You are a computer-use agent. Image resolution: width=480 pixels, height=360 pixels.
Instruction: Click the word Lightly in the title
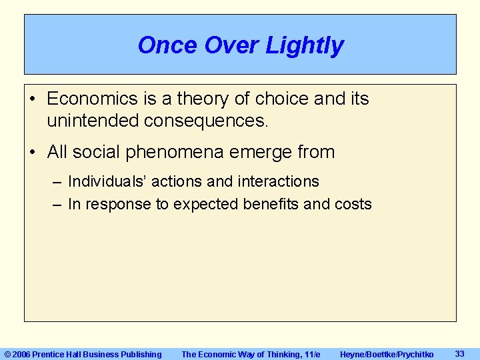tap(305, 45)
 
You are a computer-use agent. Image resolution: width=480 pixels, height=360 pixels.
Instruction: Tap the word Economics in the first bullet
tap(93, 99)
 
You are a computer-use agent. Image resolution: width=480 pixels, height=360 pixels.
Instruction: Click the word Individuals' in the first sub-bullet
tap(108, 181)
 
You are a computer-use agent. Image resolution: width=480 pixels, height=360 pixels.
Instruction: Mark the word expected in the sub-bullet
tap(204, 204)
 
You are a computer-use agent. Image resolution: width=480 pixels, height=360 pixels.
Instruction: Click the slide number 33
tap(459, 353)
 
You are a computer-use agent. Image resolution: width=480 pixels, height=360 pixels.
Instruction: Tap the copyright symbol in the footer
tap(8, 354)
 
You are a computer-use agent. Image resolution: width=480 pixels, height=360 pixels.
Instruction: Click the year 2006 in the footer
tap(22, 354)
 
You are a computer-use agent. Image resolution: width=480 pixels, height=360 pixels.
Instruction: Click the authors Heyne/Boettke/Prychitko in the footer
tap(386, 354)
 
